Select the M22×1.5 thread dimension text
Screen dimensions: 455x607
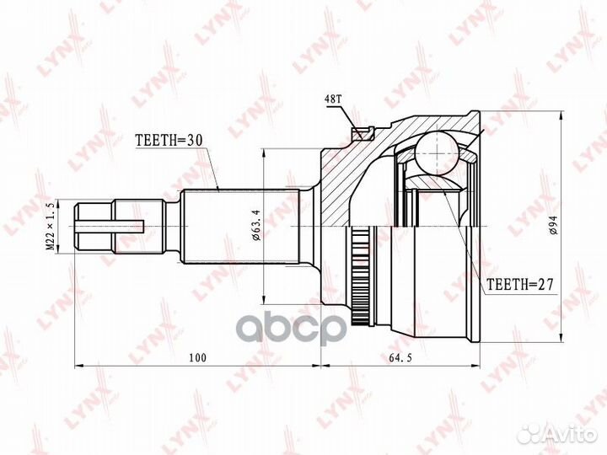coord(52,227)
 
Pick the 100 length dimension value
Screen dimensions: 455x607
coord(197,359)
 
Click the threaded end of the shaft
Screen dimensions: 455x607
coord(93,227)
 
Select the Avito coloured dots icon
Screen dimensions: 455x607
coord(530,433)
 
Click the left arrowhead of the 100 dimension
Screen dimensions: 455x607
coord(79,367)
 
